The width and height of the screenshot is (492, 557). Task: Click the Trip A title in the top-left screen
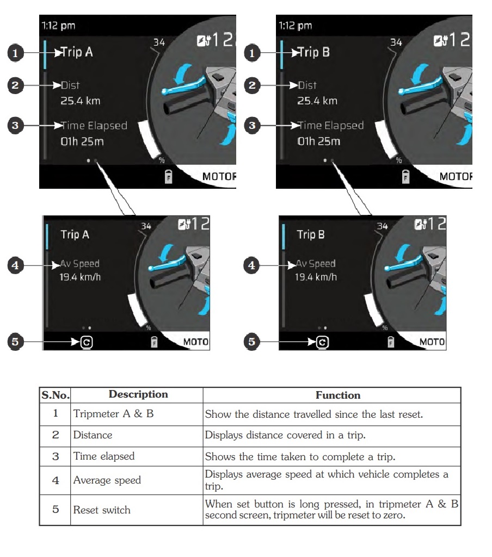(x=77, y=53)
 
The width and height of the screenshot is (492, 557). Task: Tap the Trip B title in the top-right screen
(x=314, y=53)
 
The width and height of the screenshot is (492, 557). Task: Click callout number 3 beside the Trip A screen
(x=16, y=125)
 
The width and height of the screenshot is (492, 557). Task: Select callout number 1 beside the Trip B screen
(x=251, y=53)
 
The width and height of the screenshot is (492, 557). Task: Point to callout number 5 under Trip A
(x=16, y=342)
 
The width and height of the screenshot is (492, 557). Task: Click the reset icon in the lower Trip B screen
(x=323, y=342)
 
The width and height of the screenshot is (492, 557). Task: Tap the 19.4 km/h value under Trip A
(x=81, y=277)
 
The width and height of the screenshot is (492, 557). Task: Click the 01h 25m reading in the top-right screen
(x=319, y=141)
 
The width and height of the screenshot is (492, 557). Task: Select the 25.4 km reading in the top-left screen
(x=81, y=101)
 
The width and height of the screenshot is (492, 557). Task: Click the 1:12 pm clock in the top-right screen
(x=296, y=26)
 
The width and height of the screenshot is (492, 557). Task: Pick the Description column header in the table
(x=138, y=395)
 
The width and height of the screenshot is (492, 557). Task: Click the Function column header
(x=338, y=395)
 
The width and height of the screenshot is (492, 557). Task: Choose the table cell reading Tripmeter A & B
(x=114, y=414)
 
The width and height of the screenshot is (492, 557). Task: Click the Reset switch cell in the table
(x=102, y=510)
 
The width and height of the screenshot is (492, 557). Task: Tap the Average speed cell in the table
(x=107, y=480)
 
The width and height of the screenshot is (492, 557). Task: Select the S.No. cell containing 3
(x=55, y=457)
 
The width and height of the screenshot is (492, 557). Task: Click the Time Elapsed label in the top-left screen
(x=94, y=126)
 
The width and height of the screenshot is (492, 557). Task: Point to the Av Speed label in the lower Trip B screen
(x=316, y=264)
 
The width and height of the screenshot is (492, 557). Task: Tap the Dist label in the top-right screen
(x=307, y=85)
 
